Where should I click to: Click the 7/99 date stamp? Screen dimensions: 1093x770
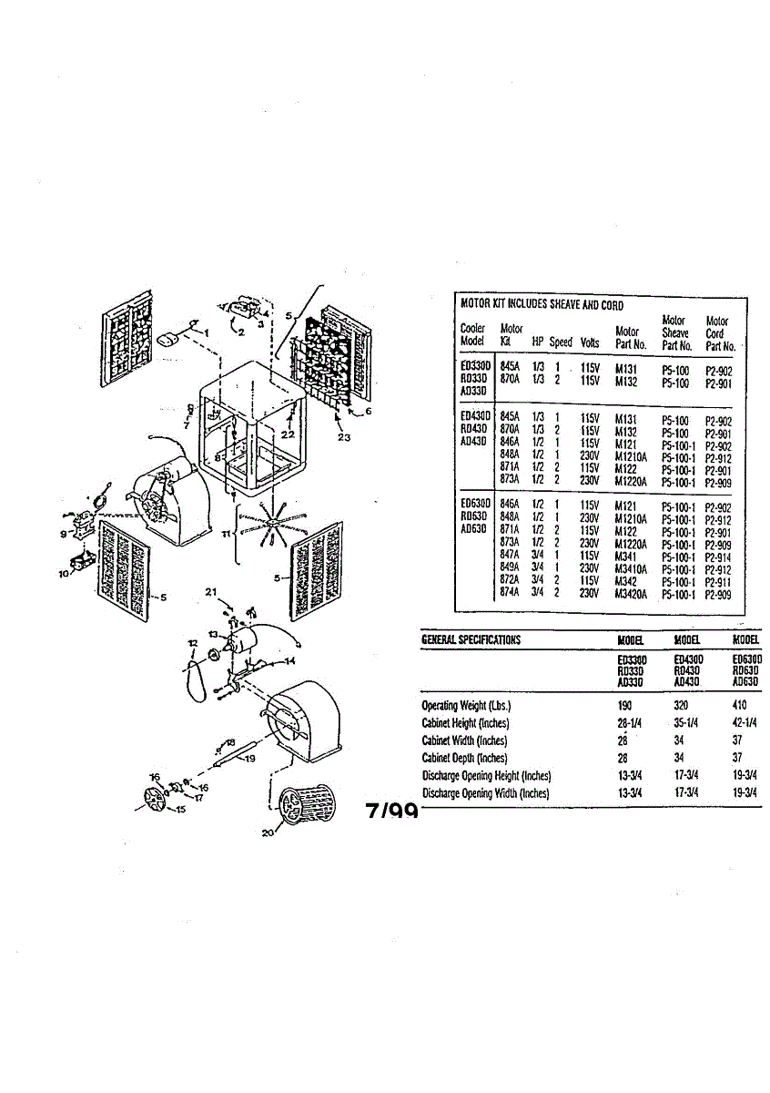coord(391,811)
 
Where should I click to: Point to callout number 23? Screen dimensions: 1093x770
coord(343,438)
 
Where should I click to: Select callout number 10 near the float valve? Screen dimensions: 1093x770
coord(65,574)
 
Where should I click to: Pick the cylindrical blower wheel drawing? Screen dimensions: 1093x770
coord(305,802)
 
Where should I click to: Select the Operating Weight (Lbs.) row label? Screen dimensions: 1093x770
coord(466,706)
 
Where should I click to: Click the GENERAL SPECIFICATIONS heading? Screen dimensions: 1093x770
coord(471,640)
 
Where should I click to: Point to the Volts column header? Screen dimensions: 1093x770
coord(589,342)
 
